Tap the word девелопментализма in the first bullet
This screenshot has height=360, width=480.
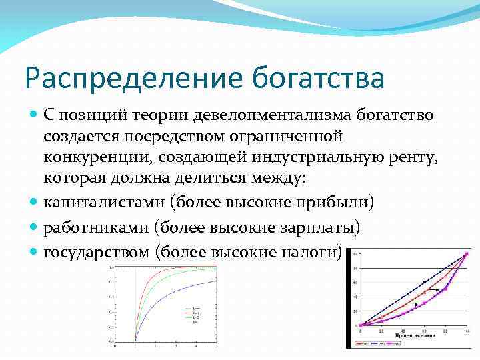point(257,115)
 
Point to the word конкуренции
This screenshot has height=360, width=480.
point(91,157)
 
